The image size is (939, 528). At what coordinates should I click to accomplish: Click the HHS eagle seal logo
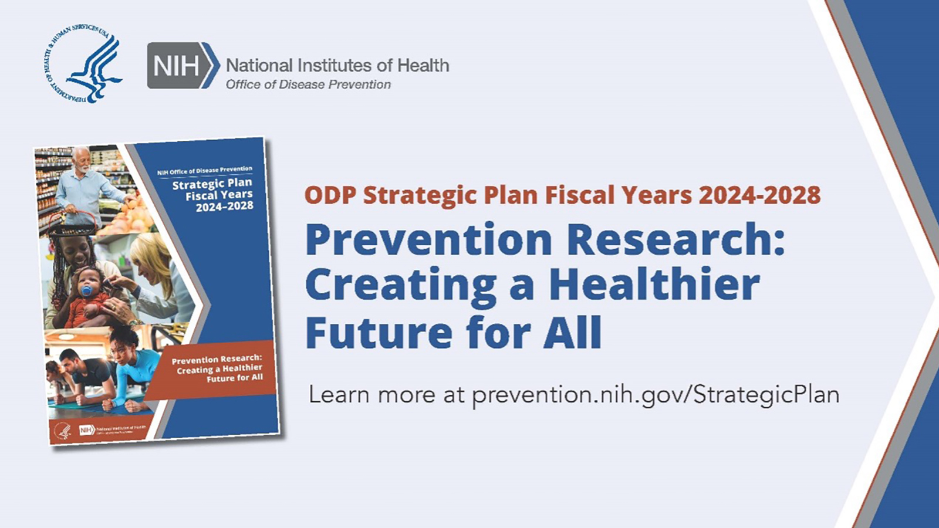83,64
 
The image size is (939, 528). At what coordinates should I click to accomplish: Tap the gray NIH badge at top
177,66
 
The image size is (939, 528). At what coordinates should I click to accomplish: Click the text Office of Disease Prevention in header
308,84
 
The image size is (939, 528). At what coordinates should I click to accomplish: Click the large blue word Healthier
654,285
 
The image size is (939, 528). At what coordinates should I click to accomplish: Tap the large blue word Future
379,333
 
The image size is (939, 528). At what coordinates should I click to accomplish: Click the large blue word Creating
401,286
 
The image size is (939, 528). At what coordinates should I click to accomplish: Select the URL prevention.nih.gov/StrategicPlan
656,395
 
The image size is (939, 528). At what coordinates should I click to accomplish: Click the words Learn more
372,395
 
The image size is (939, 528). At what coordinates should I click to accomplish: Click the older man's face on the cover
82,160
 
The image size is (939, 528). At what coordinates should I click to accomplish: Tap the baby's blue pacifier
87,290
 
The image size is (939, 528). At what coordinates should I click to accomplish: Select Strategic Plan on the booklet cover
212,184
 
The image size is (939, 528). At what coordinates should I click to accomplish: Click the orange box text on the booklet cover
217,368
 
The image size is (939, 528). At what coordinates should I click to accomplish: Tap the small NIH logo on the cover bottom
87,430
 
